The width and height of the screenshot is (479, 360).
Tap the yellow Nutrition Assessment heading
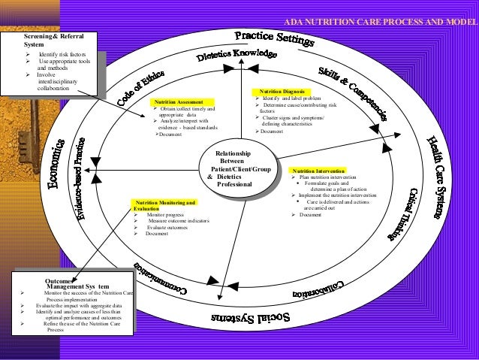tap(177, 101)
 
